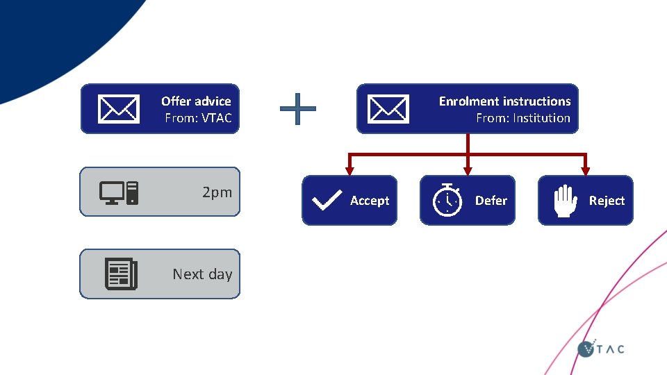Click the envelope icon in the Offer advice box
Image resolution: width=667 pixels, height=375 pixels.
(119, 109)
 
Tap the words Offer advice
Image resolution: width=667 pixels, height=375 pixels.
(196, 101)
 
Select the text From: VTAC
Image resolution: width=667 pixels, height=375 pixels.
(198, 118)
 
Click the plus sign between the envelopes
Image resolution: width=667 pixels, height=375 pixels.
(297, 109)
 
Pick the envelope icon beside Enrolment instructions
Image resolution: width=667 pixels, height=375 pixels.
(388, 109)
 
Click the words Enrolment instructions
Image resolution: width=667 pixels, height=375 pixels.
(504, 101)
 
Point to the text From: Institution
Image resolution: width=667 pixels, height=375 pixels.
(522, 118)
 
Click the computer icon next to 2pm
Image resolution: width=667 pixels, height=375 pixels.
(119, 192)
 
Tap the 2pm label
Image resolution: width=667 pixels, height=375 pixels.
(217, 192)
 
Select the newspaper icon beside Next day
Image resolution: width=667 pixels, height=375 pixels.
(121, 274)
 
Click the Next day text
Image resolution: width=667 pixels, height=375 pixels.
(202, 274)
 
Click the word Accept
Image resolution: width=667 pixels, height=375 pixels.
(370, 201)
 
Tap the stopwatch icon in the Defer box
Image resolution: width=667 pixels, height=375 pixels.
(447, 201)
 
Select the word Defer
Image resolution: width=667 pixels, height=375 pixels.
(491, 201)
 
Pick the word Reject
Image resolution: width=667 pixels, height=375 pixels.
(607, 201)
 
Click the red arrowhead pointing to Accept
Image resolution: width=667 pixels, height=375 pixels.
(349, 169)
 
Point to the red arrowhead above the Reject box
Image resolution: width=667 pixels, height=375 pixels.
(585, 169)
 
